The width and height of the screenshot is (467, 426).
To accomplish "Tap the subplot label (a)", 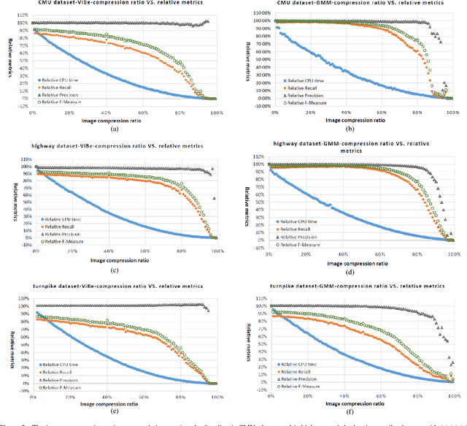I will point(114,128).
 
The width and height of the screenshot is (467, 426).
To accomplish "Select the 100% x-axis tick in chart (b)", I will point(452,113).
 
